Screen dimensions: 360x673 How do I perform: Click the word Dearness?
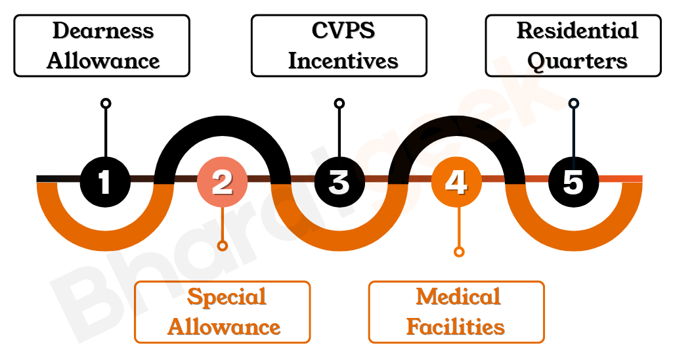103,31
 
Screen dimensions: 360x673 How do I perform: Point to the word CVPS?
339,31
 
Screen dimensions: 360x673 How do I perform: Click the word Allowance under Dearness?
103,61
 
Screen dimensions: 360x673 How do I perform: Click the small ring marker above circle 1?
106,103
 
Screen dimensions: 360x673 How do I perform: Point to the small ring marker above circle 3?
339,103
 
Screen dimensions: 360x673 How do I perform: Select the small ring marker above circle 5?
574,103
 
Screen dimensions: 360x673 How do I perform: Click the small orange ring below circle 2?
223,246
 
